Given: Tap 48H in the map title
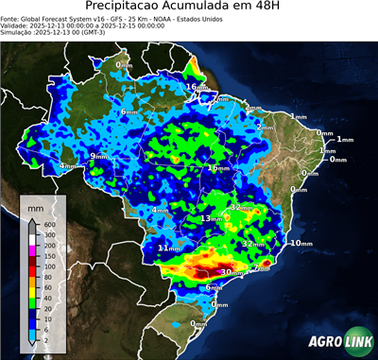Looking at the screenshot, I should tap(291, 10).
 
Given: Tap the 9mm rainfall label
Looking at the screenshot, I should tap(98, 156).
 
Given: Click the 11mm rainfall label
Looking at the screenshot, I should tap(166, 248).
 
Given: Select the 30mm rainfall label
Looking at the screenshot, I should tap(229, 272).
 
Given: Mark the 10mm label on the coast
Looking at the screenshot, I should tap(301, 244).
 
